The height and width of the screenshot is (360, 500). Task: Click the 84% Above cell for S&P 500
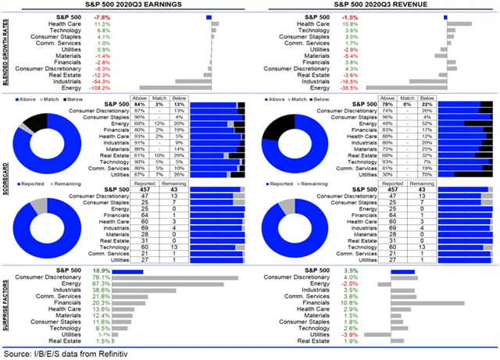pos(141,104)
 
